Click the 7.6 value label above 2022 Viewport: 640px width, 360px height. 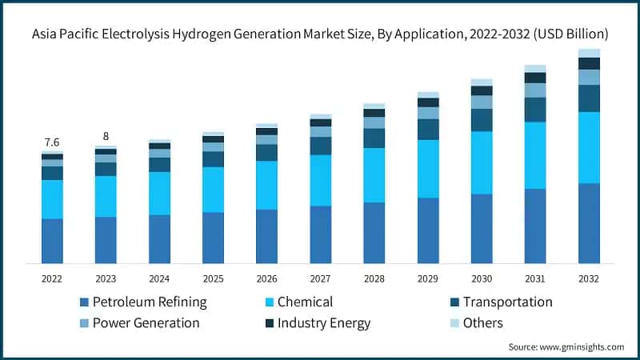51,142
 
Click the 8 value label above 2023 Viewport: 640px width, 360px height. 106,136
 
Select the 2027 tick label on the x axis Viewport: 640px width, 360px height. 320,278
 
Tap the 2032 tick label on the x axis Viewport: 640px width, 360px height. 589,278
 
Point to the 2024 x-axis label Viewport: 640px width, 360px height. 159,278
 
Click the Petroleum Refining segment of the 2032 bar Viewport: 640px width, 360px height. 589,223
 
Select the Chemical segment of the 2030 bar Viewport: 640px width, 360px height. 482,162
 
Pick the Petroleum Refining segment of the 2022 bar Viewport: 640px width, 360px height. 52,241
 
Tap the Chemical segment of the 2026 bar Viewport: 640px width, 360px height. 266,186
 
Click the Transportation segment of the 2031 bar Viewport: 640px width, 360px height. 535,110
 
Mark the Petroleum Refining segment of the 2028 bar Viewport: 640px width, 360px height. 374,233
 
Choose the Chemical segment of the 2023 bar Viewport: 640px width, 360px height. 106,196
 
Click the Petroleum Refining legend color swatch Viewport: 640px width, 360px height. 84,302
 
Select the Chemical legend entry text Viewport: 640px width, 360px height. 305,302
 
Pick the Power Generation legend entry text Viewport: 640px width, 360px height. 146,323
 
